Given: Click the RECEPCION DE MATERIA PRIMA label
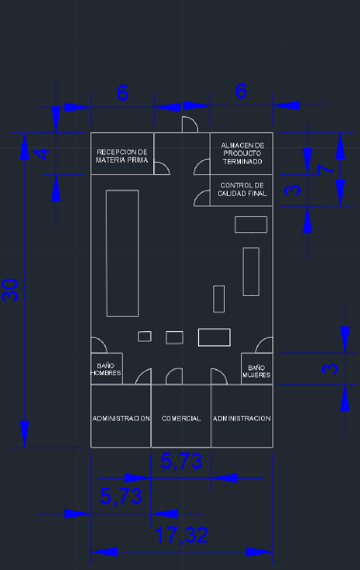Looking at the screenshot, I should point(122,155).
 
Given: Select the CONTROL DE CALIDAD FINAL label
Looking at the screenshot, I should point(242,188).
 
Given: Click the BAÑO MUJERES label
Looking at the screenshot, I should point(255,371).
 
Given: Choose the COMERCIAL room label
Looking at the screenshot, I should point(181,419).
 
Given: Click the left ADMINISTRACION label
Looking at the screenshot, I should point(121,419).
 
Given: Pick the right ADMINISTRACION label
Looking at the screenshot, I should point(242,419).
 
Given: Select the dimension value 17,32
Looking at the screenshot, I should point(182,536).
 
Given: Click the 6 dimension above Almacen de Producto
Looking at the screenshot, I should point(241,92).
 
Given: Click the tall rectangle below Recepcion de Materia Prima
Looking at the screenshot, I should point(122,252).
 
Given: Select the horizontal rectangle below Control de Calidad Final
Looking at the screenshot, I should point(251,224).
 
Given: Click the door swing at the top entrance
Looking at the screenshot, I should point(189,125).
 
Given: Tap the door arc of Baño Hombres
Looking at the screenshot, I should point(98,346).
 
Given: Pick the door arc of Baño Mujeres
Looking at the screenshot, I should point(264,346).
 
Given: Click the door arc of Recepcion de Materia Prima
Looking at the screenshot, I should point(163,169).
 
